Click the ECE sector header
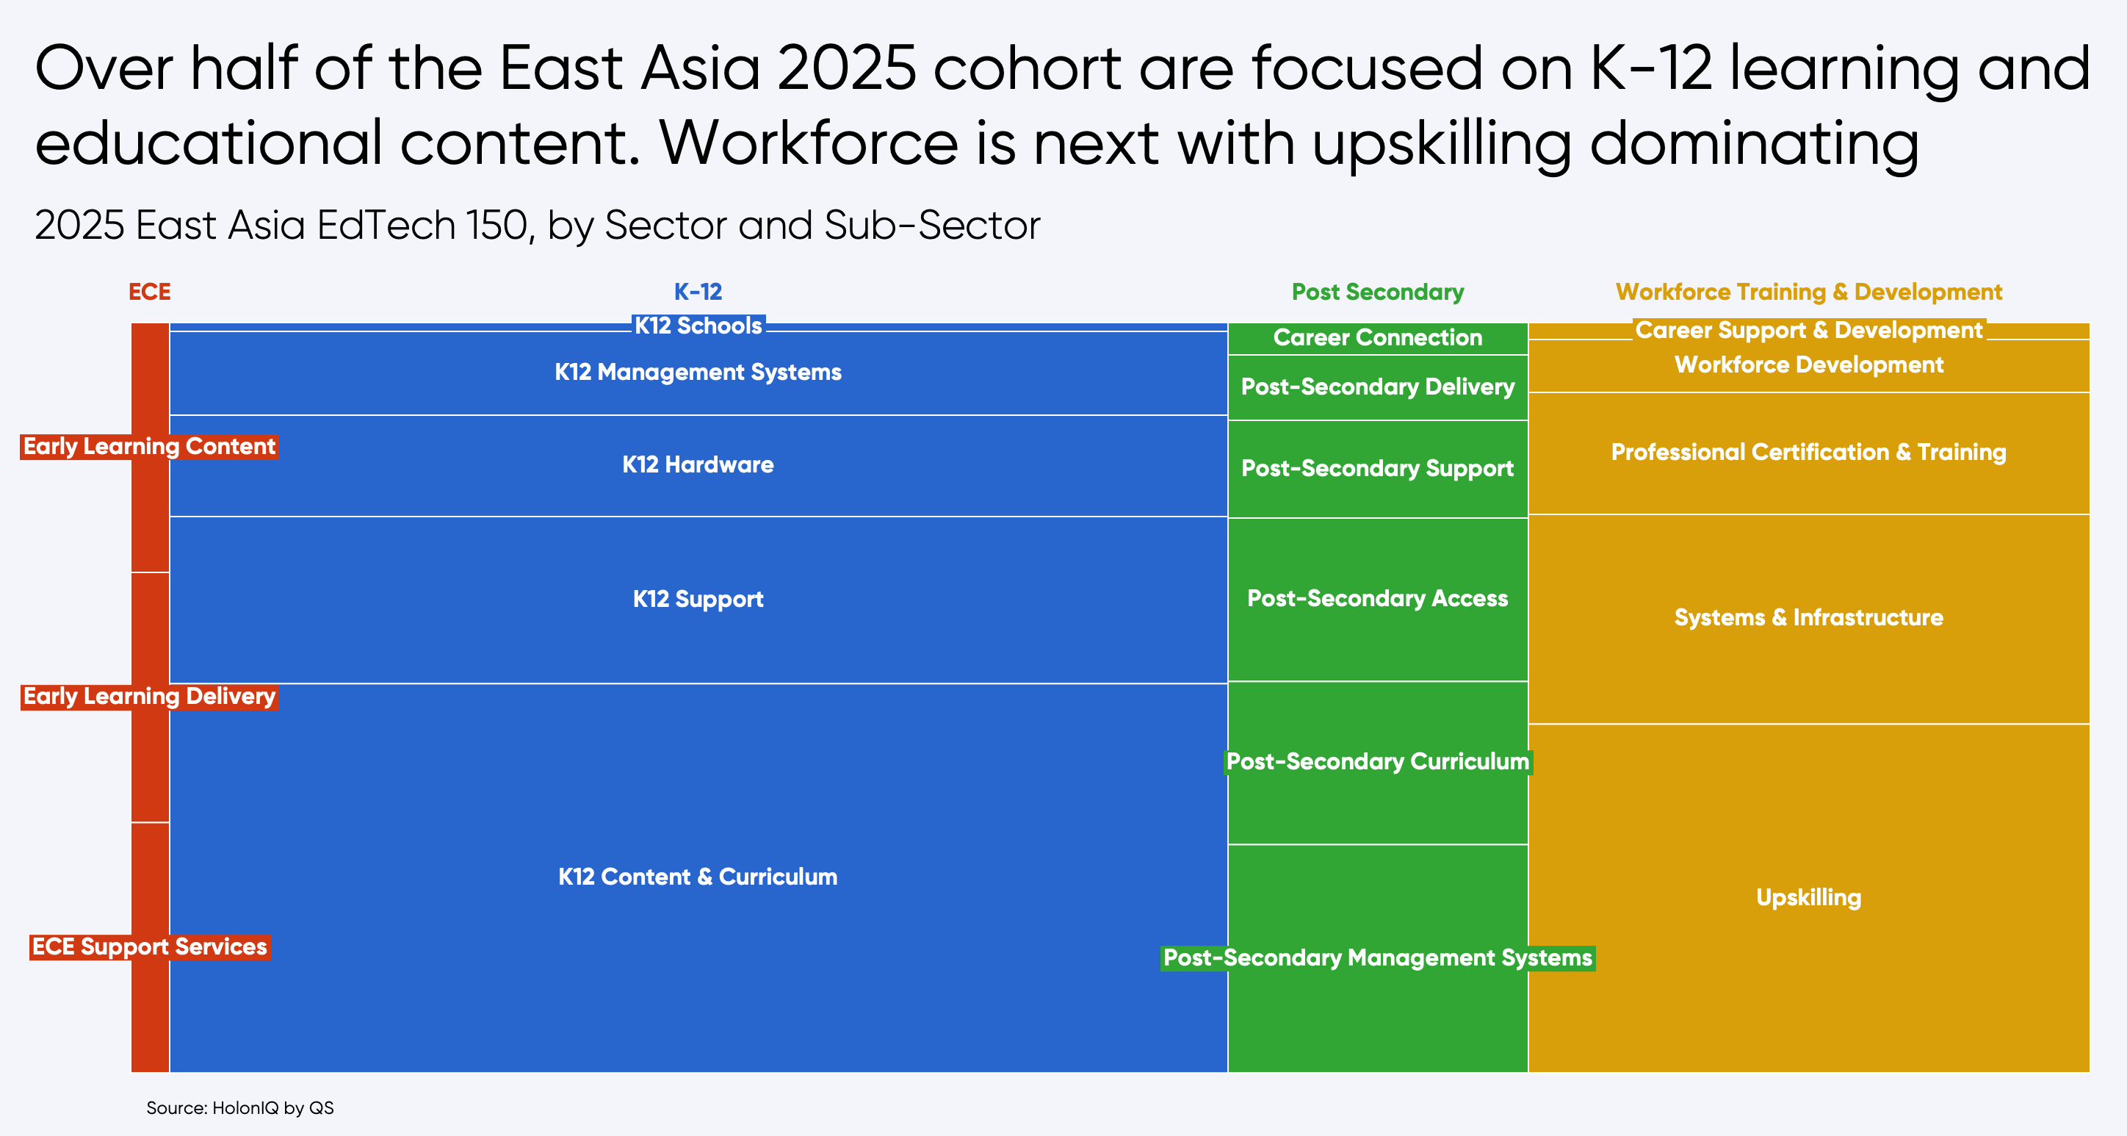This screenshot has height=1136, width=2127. [x=149, y=292]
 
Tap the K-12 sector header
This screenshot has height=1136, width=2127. [x=698, y=292]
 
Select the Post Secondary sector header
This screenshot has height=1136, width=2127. [x=1377, y=292]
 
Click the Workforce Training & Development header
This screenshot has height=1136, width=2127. [x=1808, y=292]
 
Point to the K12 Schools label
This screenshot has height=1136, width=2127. [x=698, y=326]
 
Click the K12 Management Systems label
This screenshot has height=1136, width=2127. [x=698, y=372]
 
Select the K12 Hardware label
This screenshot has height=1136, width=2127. [x=698, y=464]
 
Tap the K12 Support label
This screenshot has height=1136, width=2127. [x=698, y=599]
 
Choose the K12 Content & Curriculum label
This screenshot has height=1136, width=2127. [x=698, y=877]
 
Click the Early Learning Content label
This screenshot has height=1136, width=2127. [x=149, y=446]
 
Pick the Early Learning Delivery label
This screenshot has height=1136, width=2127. [x=149, y=697]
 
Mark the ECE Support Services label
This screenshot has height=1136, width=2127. [x=149, y=947]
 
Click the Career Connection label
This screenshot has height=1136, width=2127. [x=1377, y=337]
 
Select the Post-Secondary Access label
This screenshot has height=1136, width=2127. [x=1377, y=598]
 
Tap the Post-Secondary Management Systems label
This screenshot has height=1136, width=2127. [x=1377, y=957]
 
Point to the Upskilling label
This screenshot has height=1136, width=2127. [x=1808, y=897]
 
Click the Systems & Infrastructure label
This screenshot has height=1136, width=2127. [x=1808, y=617]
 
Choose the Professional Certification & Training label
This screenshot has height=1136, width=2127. [x=1808, y=452]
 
